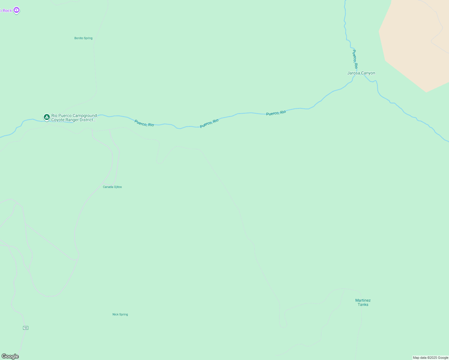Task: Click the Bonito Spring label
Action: pyautogui.click(x=83, y=38)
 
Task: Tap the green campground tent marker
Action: pyautogui.click(x=47, y=117)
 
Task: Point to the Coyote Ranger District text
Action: pyautogui.click(x=73, y=120)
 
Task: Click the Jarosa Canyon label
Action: pyautogui.click(x=361, y=73)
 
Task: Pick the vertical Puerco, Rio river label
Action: pyautogui.click(x=355, y=59)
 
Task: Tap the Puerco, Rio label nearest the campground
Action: pyautogui.click(x=144, y=123)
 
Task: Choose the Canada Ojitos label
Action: pyautogui.click(x=112, y=187)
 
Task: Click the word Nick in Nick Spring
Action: pyautogui.click(x=116, y=314)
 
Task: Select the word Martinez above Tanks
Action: pyautogui.click(x=363, y=300)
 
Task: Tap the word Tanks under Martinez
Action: pyautogui.click(x=363, y=304)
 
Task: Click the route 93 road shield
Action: pyautogui.click(x=26, y=328)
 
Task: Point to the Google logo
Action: pyautogui.click(x=10, y=356)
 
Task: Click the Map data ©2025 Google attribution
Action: pyautogui.click(x=430, y=358)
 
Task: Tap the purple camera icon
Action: pyautogui.click(x=17, y=10)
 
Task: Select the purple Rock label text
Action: pyautogui.click(x=7, y=10)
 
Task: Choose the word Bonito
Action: pyautogui.click(x=79, y=38)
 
